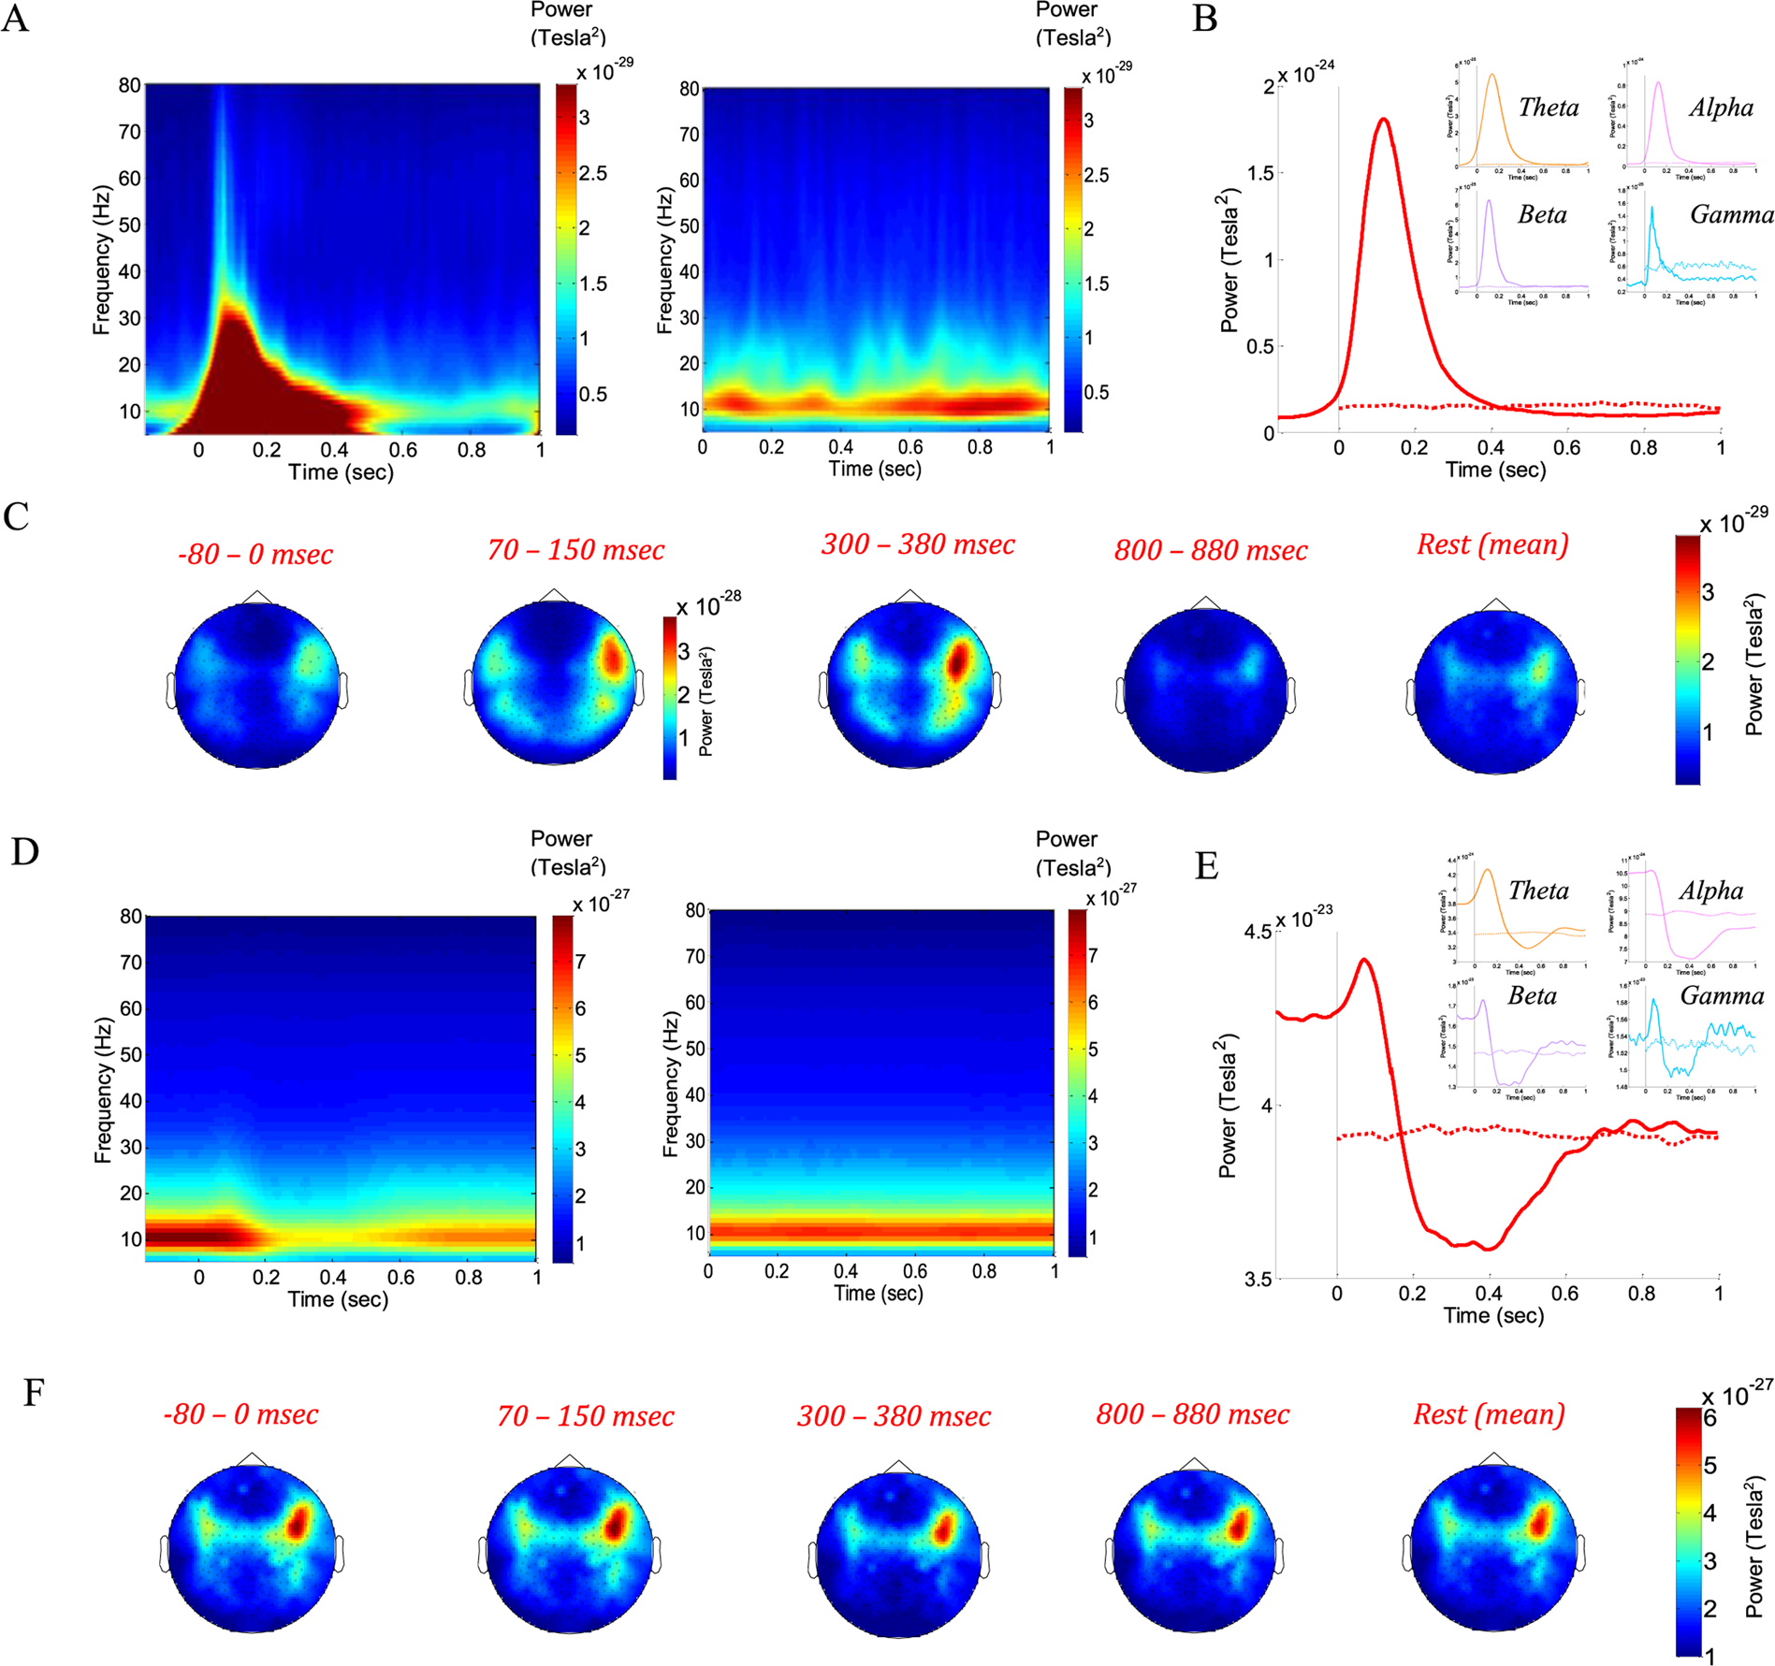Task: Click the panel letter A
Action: click(15, 19)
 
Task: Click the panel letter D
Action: click(23, 851)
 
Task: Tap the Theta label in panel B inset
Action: click(1548, 108)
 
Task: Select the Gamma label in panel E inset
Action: click(1721, 995)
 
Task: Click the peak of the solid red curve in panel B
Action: click(1383, 120)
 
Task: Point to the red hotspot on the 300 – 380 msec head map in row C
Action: click(956, 660)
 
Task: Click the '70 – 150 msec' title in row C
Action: click(575, 550)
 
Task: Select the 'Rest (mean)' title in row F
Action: click(1488, 1414)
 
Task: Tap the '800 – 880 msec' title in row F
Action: click(1192, 1414)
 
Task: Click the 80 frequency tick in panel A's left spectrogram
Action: click(129, 86)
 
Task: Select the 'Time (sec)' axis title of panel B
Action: click(1494, 470)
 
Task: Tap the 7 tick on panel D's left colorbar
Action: click(580, 962)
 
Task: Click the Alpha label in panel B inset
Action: click(1720, 108)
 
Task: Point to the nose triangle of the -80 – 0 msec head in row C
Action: click(257, 597)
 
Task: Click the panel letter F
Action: click(34, 1393)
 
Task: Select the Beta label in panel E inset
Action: click(1532, 995)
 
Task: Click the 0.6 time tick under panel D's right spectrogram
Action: click(914, 1271)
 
